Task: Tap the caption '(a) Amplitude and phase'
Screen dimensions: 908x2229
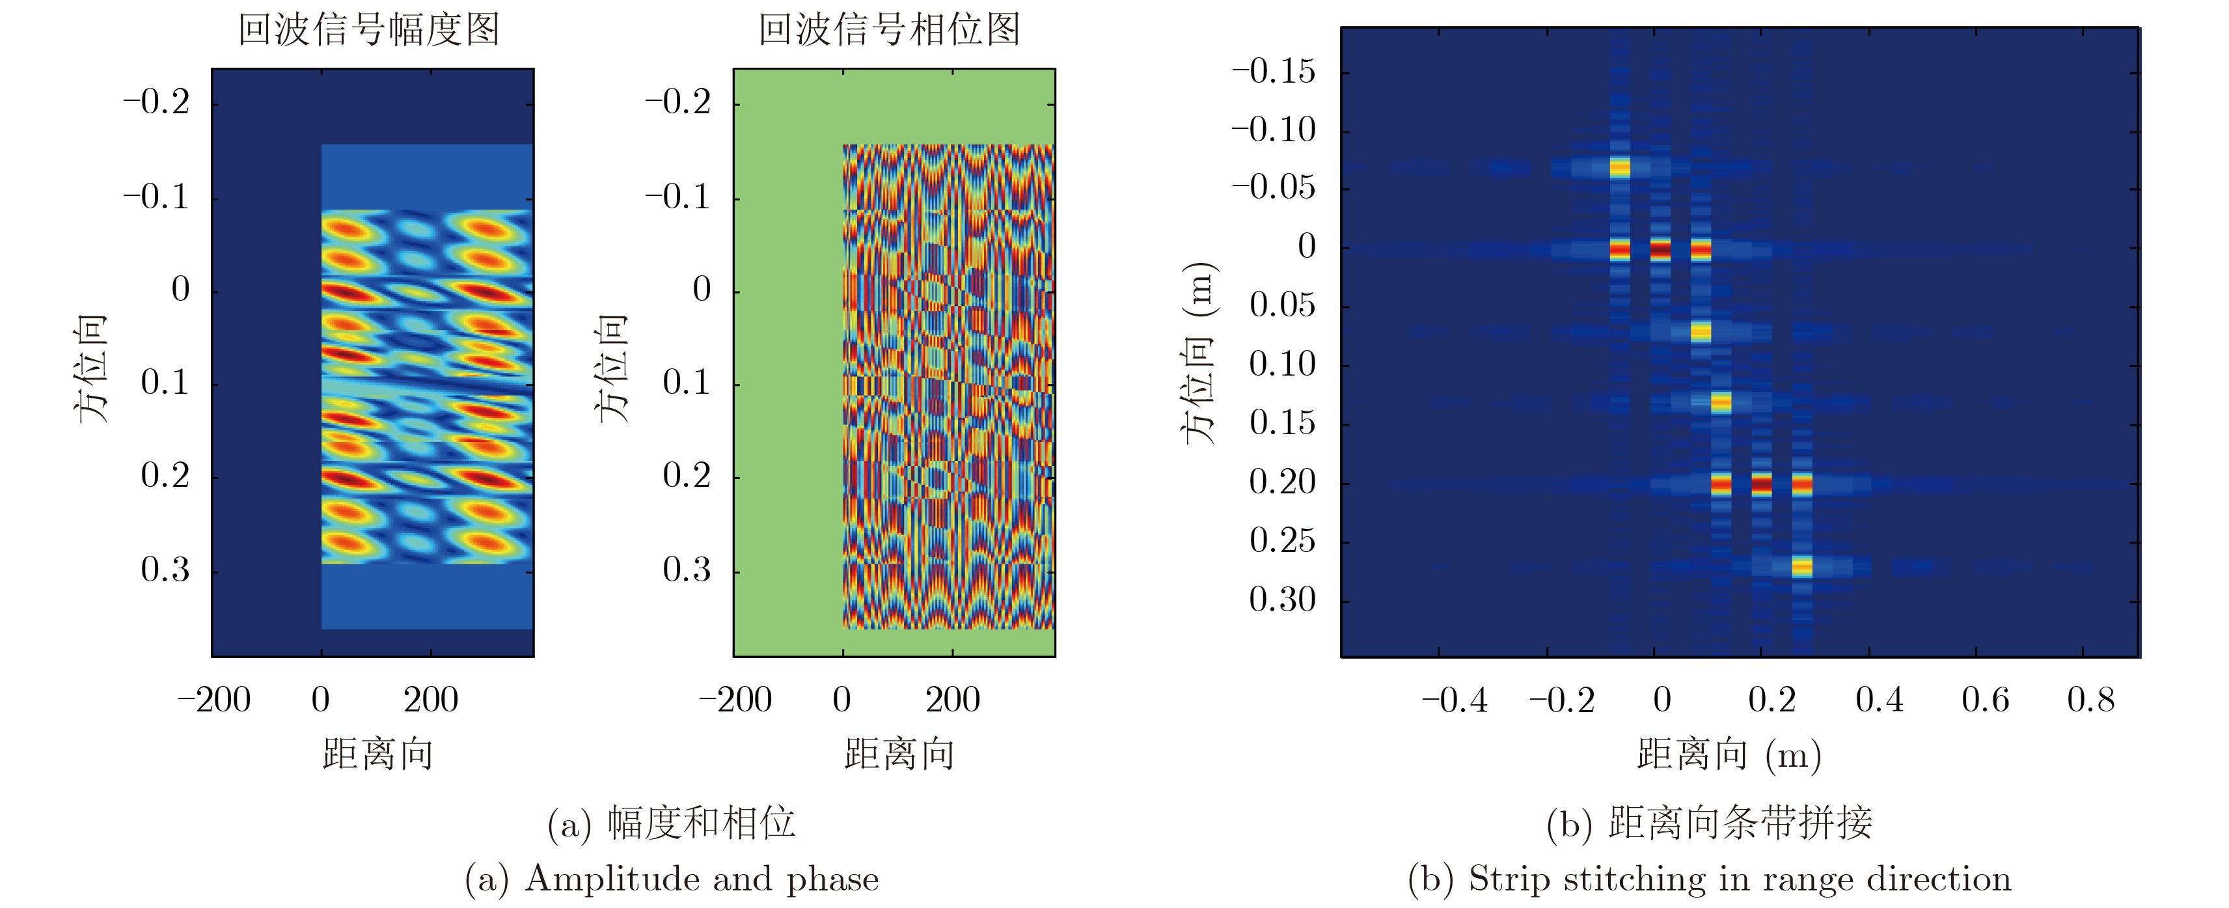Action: point(672,879)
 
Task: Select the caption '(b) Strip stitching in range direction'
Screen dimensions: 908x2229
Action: point(1709,879)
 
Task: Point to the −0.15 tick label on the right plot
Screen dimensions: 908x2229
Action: point(1273,71)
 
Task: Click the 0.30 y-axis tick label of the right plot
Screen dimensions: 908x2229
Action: point(1281,599)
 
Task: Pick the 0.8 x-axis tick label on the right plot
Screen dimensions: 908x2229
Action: point(2090,700)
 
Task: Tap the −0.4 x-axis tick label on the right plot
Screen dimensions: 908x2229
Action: point(1455,700)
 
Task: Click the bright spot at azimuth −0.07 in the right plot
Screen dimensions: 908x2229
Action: point(1619,168)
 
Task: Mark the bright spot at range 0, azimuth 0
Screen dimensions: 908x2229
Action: point(1660,250)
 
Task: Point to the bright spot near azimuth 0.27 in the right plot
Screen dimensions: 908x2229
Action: point(1801,567)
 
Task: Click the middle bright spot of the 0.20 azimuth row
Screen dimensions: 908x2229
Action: point(1761,484)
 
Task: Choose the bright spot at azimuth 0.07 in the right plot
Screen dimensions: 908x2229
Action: point(1701,331)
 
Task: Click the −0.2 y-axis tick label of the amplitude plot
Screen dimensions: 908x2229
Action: point(156,103)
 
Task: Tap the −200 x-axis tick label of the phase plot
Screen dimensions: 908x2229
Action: point(735,700)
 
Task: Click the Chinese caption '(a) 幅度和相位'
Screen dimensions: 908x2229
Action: point(672,822)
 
